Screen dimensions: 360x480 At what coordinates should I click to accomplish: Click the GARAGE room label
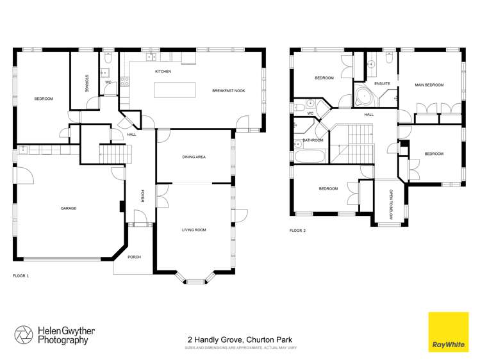(x=69, y=208)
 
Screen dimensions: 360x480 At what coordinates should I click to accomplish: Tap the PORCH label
(x=134, y=257)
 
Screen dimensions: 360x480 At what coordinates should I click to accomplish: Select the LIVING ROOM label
(x=193, y=229)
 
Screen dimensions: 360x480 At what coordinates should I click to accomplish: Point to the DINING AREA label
(x=194, y=157)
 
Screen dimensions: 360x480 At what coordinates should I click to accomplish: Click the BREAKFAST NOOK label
(x=229, y=91)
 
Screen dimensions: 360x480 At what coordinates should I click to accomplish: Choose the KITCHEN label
(x=163, y=72)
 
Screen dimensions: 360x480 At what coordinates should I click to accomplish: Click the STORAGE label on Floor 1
(x=86, y=83)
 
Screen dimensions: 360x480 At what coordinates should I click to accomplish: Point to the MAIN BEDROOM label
(x=429, y=85)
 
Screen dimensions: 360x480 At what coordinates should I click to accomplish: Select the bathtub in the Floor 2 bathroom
(x=311, y=156)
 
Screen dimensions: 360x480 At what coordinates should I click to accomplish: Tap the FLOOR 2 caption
(x=297, y=230)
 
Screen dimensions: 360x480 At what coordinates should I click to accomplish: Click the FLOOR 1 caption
(x=21, y=275)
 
